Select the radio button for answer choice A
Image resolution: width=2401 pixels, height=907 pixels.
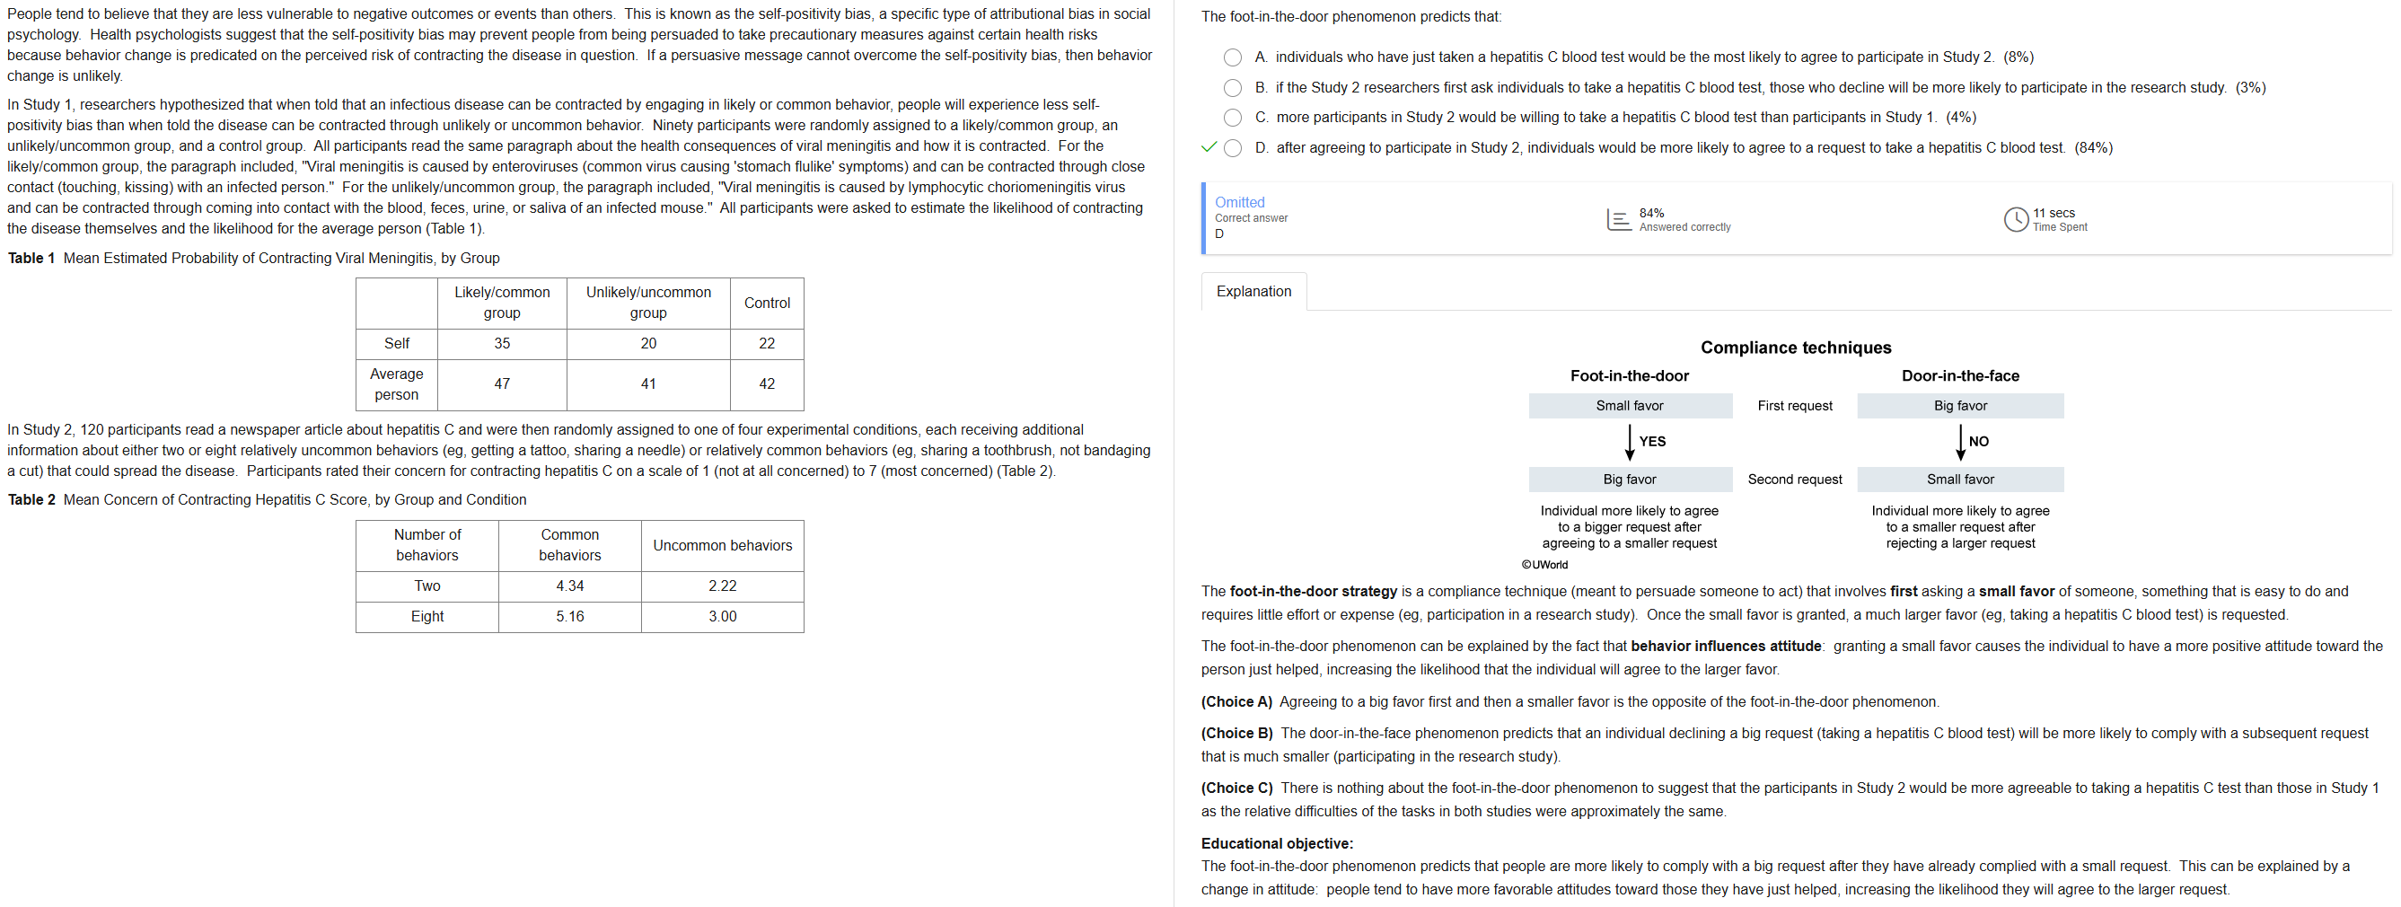click(1232, 57)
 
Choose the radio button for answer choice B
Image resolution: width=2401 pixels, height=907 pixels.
click(1232, 88)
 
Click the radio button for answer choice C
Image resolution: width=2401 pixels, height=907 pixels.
click(1232, 118)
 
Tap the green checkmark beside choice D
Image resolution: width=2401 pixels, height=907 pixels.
click(1209, 147)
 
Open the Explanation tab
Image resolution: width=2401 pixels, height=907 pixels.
click(1253, 292)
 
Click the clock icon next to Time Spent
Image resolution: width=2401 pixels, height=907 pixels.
click(2015, 219)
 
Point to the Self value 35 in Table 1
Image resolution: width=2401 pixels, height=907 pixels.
click(501, 343)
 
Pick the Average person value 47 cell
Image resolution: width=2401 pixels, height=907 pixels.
click(501, 383)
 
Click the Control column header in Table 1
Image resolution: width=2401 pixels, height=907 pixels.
click(766, 303)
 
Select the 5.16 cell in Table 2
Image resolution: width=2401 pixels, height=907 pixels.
click(569, 616)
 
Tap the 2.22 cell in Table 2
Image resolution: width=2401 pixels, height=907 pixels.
click(721, 586)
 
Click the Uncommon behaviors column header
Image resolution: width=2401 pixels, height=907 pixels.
click(721, 545)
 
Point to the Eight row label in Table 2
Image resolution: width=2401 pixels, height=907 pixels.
click(427, 616)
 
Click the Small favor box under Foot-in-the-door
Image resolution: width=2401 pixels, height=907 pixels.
click(1628, 406)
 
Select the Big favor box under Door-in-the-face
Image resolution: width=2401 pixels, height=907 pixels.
click(1959, 406)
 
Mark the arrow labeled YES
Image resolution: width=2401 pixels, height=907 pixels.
click(1629, 442)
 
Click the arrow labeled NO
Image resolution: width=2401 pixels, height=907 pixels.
click(1960, 442)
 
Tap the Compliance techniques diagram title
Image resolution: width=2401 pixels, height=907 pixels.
click(1795, 348)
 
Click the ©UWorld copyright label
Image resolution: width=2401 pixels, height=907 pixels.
click(1544, 565)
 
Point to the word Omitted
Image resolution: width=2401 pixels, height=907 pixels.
click(1239, 202)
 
